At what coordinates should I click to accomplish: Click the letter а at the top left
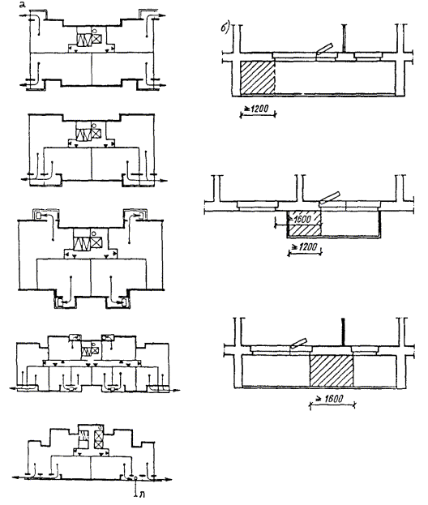(x=22, y=6)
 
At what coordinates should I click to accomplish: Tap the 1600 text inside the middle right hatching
(x=302, y=219)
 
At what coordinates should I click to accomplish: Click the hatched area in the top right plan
(x=258, y=78)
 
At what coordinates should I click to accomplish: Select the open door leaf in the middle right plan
(x=329, y=197)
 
